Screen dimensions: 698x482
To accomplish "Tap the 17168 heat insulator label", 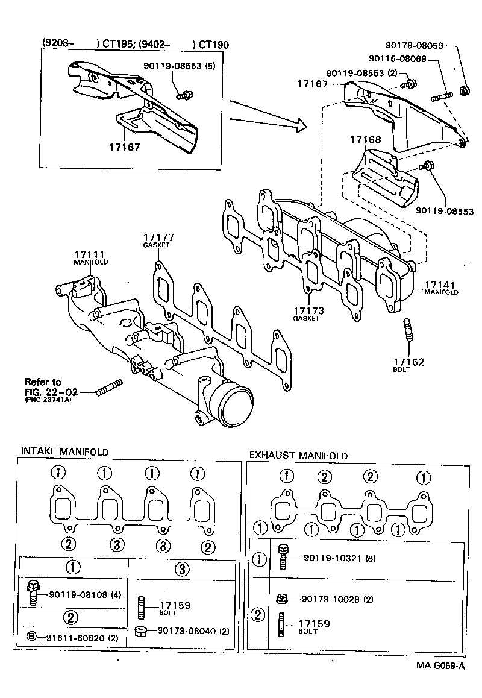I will (366, 140).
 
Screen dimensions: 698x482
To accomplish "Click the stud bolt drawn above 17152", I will (408, 332).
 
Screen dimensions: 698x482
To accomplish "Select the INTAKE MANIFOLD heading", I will (65, 451).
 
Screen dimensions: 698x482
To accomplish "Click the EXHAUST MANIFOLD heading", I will (298, 456).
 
